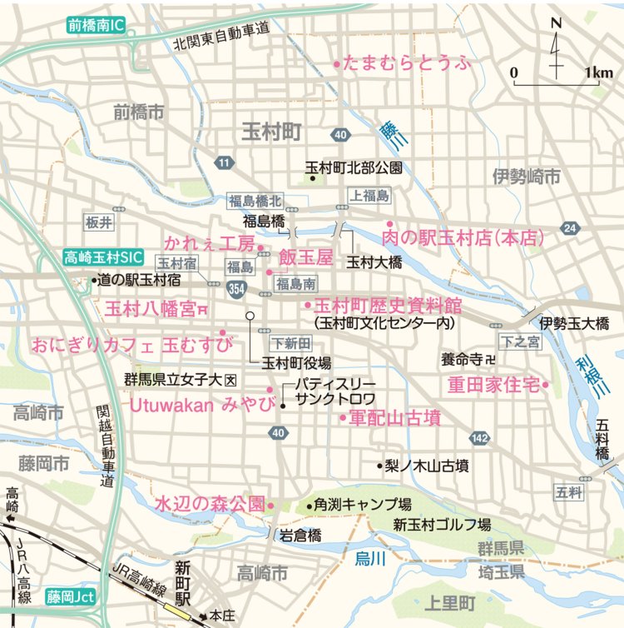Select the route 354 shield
pos(235,287)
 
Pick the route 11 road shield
pos(223,162)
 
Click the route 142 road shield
pos(479,438)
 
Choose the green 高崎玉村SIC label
pos(104,258)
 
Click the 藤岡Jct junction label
pos(72,596)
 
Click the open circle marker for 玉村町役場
pos(248,315)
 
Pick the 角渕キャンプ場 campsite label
pos(363,505)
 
